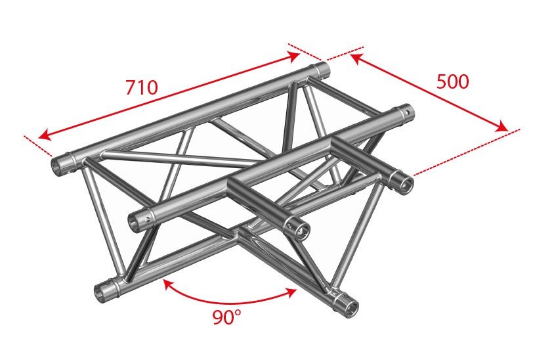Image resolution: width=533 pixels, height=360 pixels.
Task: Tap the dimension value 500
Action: tap(452, 81)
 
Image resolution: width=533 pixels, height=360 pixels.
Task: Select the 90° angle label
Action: tap(227, 319)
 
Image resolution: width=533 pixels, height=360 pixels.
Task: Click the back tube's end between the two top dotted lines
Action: tap(322, 69)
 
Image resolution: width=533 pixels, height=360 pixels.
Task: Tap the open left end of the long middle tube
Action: tap(135, 221)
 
